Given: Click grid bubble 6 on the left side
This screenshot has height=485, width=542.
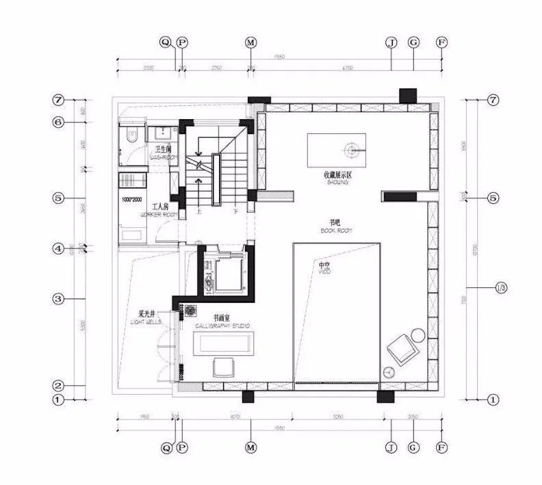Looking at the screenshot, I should (x=58, y=122).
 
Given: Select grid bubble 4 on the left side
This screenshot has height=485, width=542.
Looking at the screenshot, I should (x=58, y=248).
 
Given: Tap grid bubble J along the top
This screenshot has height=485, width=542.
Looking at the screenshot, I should (x=391, y=42).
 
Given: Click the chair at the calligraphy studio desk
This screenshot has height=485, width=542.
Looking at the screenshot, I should (x=223, y=367).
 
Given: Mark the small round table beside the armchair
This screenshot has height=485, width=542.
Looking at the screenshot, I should (x=388, y=372).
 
